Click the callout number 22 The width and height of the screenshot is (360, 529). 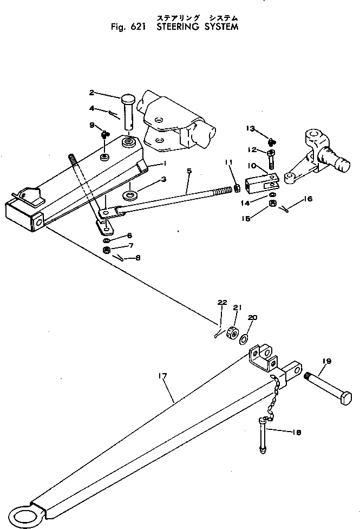click(222, 302)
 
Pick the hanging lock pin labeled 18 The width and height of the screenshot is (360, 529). click(264, 435)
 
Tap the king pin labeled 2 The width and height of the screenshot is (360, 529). click(128, 112)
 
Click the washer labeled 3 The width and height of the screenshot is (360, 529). click(129, 195)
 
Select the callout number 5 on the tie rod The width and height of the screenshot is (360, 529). click(189, 171)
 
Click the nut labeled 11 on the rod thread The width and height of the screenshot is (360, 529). click(237, 188)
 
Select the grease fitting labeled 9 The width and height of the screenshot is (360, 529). click(104, 135)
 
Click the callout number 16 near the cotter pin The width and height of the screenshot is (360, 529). click(308, 199)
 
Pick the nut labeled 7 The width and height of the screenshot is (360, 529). click(107, 250)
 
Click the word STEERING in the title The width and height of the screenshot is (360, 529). click(178, 27)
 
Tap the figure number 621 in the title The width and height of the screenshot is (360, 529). click(138, 27)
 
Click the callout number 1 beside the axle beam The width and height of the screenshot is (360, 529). click(165, 163)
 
